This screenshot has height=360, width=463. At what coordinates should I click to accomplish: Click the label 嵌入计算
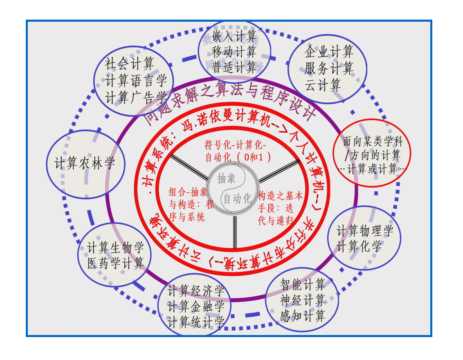click(x=234, y=36)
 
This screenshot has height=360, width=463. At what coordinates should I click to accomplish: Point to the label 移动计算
click(x=234, y=52)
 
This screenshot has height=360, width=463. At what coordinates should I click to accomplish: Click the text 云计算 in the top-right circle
click(x=323, y=85)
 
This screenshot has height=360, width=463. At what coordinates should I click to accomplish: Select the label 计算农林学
click(x=85, y=164)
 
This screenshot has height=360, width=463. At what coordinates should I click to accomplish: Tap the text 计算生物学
click(x=116, y=248)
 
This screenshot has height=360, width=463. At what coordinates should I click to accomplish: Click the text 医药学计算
click(x=116, y=263)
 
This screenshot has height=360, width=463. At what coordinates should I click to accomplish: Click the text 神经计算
click(x=303, y=300)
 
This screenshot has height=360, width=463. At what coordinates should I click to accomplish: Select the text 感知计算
click(x=303, y=316)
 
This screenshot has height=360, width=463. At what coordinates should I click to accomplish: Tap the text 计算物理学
click(x=365, y=231)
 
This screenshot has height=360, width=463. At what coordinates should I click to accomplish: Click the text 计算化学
click(x=359, y=247)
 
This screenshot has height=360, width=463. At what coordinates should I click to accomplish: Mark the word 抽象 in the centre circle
click(x=227, y=178)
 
